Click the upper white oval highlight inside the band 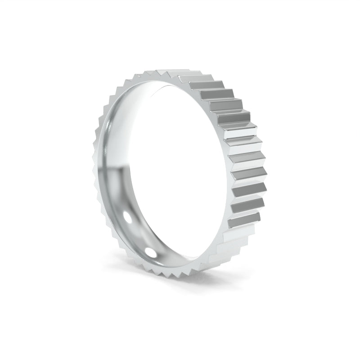(x=129, y=217)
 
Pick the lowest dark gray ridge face (x=244, y=220)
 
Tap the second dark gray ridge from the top (x=216, y=94)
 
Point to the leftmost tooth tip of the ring (x=93, y=171)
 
